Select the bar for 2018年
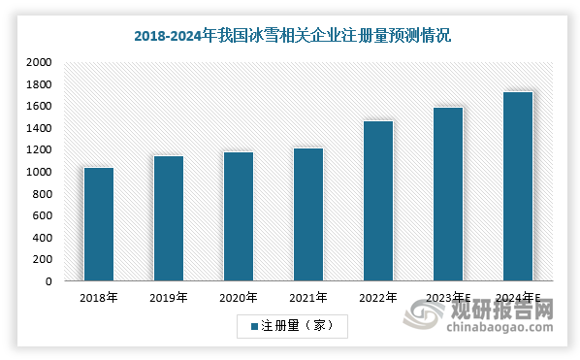tap(99, 224)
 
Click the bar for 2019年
tap(169, 218)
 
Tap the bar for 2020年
tap(239, 216)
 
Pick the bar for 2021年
tap(308, 214)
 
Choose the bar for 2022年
tap(378, 201)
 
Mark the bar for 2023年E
tap(448, 194)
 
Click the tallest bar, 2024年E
tap(518, 186)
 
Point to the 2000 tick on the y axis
tap(39, 62)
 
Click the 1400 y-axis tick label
tap(39, 128)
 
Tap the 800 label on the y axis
tap(43, 194)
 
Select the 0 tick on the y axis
tap(48, 281)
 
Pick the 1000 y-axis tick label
tap(39, 172)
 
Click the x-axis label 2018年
tap(99, 298)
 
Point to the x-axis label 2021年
tap(308, 298)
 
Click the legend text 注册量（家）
tap(298, 326)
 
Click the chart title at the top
tap(291, 36)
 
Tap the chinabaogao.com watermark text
tap(506, 330)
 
